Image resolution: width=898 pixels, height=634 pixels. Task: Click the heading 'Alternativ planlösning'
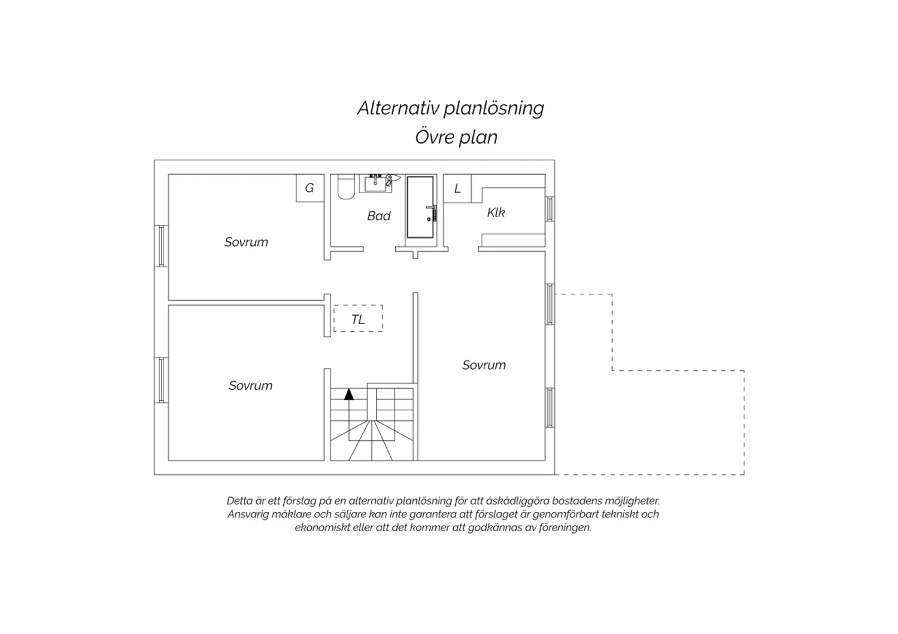[x=451, y=108]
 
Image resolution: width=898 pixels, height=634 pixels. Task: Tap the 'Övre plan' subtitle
[x=456, y=137]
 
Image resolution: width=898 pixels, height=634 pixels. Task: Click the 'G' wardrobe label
[x=309, y=188]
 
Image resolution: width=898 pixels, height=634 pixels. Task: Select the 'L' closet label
[x=457, y=188]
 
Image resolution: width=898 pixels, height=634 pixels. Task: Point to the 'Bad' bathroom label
[x=379, y=216]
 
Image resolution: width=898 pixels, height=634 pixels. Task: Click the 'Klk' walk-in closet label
[x=496, y=212]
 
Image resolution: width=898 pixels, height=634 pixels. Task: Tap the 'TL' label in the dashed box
[x=358, y=319]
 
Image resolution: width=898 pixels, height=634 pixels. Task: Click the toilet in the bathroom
[x=346, y=187]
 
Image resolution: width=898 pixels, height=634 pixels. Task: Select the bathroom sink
[x=375, y=184]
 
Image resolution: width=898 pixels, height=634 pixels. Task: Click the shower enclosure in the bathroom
[x=420, y=207]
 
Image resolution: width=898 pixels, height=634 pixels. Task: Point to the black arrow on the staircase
[x=349, y=395]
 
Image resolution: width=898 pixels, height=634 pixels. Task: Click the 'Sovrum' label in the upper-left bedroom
[x=246, y=242]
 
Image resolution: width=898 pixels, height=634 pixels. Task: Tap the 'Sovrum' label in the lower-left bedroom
[x=251, y=385]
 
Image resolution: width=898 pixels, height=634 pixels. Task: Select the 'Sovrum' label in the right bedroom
[x=484, y=365]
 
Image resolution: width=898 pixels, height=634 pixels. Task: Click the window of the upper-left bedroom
[x=161, y=246]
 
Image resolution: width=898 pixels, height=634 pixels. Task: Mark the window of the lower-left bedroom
[x=161, y=380]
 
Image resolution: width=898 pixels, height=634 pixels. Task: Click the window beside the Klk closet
[x=550, y=209]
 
